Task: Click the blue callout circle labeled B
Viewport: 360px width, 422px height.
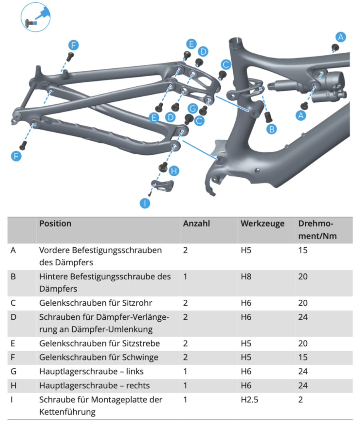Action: [272, 129]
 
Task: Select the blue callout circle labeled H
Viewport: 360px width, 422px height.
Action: [173, 171]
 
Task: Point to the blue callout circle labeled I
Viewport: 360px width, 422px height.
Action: [145, 203]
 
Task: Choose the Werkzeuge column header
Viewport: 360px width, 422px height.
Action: [262, 224]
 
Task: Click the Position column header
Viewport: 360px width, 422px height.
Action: [55, 224]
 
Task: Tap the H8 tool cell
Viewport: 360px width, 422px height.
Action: [246, 277]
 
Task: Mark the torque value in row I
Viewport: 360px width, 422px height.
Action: [300, 399]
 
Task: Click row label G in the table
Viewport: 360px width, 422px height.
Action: [13, 371]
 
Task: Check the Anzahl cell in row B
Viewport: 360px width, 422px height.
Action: [185, 277]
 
